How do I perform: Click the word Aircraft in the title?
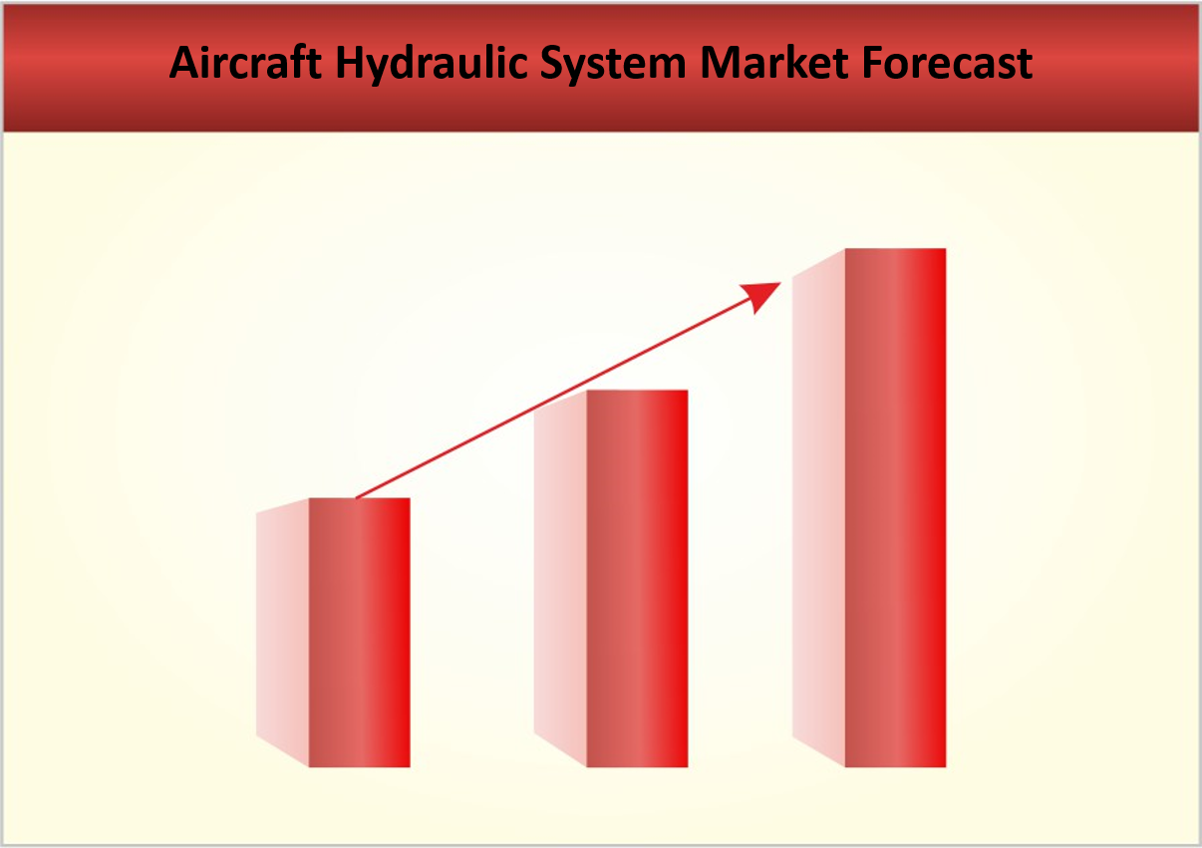tap(245, 62)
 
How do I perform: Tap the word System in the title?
tap(613, 65)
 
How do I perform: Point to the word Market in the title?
tap(774, 62)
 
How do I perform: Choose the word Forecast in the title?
tap(947, 62)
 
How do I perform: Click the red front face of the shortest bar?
tap(360, 633)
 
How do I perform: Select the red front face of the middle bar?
tap(637, 578)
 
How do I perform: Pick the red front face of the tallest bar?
tap(896, 507)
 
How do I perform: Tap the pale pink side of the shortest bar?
tap(283, 633)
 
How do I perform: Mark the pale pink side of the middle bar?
tap(560, 578)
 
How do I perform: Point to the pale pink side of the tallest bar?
tap(819, 507)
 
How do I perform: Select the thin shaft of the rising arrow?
tap(555, 398)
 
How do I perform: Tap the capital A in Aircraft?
tap(184, 62)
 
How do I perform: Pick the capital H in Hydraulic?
tap(351, 62)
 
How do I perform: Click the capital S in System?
tap(553, 62)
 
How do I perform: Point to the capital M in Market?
tap(722, 62)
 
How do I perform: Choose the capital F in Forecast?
tap(873, 62)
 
